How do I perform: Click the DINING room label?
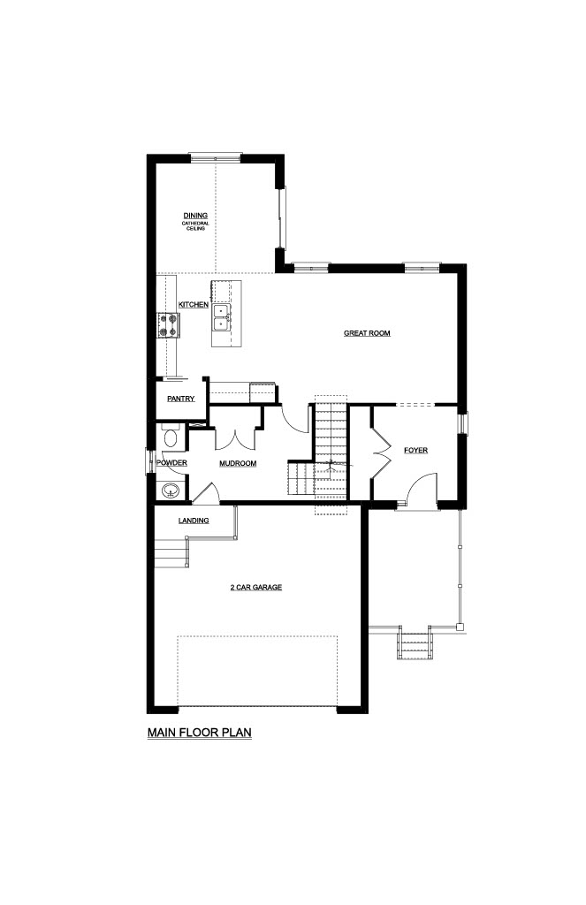coord(195,216)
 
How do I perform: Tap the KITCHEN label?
coord(194,305)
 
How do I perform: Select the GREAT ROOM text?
coord(367,333)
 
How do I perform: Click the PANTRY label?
coord(180,399)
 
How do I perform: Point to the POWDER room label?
coord(172,463)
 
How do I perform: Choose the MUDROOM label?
coord(238,463)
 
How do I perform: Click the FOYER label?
coord(415,450)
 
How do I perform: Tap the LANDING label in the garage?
coord(194,521)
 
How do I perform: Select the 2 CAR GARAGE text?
coord(256,588)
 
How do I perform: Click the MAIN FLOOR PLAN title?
coord(200,733)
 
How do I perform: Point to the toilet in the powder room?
coord(171,437)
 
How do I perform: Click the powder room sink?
coord(171,491)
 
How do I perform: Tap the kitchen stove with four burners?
coord(168,325)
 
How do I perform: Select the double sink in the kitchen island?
coord(222,317)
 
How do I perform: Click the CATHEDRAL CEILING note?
coord(195,225)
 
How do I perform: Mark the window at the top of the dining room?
coord(216,157)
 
